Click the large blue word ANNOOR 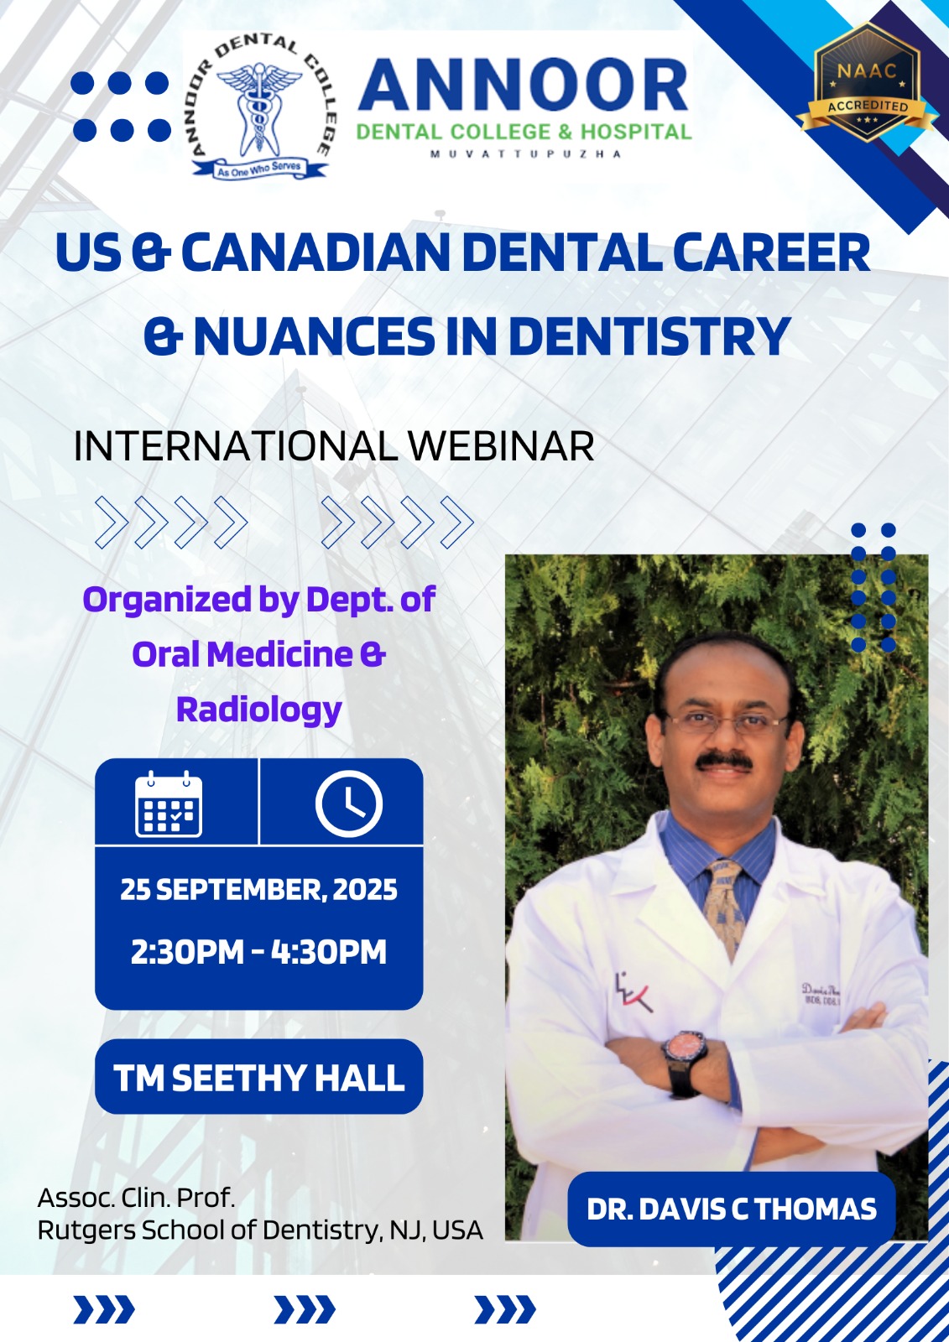(x=524, y=85)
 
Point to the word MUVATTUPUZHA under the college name (x=526, y=154)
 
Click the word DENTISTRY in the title (x=649, y=335)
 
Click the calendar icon (x=169, y=804)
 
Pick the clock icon (x=349, y=804)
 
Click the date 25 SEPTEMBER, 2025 (x=259, y=890)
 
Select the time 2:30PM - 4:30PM (x=259, y=952)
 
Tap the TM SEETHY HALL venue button (x=259, y=1079)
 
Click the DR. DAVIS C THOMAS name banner (x=732, y=1209)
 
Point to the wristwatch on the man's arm (x=686, y=1064)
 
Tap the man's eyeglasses (x=725, y=722)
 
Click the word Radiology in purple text (x=259, y=710)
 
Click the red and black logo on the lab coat (x=633, y=992)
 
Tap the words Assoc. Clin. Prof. (x=136, y=1198)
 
